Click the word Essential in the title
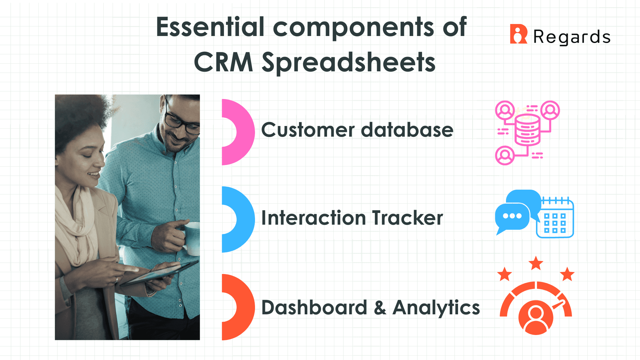210,27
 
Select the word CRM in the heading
223,62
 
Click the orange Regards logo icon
518,34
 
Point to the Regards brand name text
572,37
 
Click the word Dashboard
314,307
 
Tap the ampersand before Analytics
380,308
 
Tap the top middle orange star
536,263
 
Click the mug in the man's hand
192,238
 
